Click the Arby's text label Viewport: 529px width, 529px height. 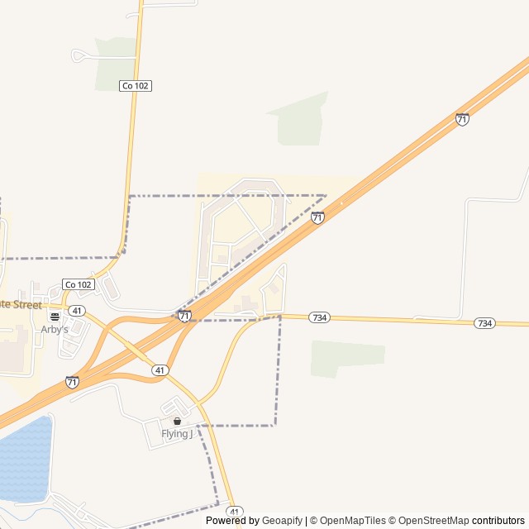pos(55,329)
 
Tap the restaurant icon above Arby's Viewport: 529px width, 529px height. pos(55,317)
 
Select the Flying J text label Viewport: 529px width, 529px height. pos(177,434)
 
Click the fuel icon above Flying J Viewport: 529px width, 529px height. pos(177,422)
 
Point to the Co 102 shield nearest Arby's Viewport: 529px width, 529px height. pos(79,284)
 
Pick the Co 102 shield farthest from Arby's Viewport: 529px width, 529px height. pos(136,86)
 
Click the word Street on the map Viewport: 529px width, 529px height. pos(24,305)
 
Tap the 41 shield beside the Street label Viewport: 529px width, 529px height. pos(76,311)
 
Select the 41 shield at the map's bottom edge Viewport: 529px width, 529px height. pos(235,511)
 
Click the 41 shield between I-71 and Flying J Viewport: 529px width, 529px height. pos(160,370)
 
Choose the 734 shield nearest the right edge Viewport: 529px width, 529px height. pos(485,323)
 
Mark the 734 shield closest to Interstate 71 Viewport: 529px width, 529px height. pos(319,317)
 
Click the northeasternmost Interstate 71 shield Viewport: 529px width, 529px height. pos(462,119)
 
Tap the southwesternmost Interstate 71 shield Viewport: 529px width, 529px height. pos(72,382)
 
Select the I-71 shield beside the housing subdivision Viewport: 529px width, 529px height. pos(317,217)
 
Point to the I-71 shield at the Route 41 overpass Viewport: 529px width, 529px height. pos(184,316)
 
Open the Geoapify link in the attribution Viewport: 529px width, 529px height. pos(282,521)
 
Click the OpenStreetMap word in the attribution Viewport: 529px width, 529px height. pos(428,521)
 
